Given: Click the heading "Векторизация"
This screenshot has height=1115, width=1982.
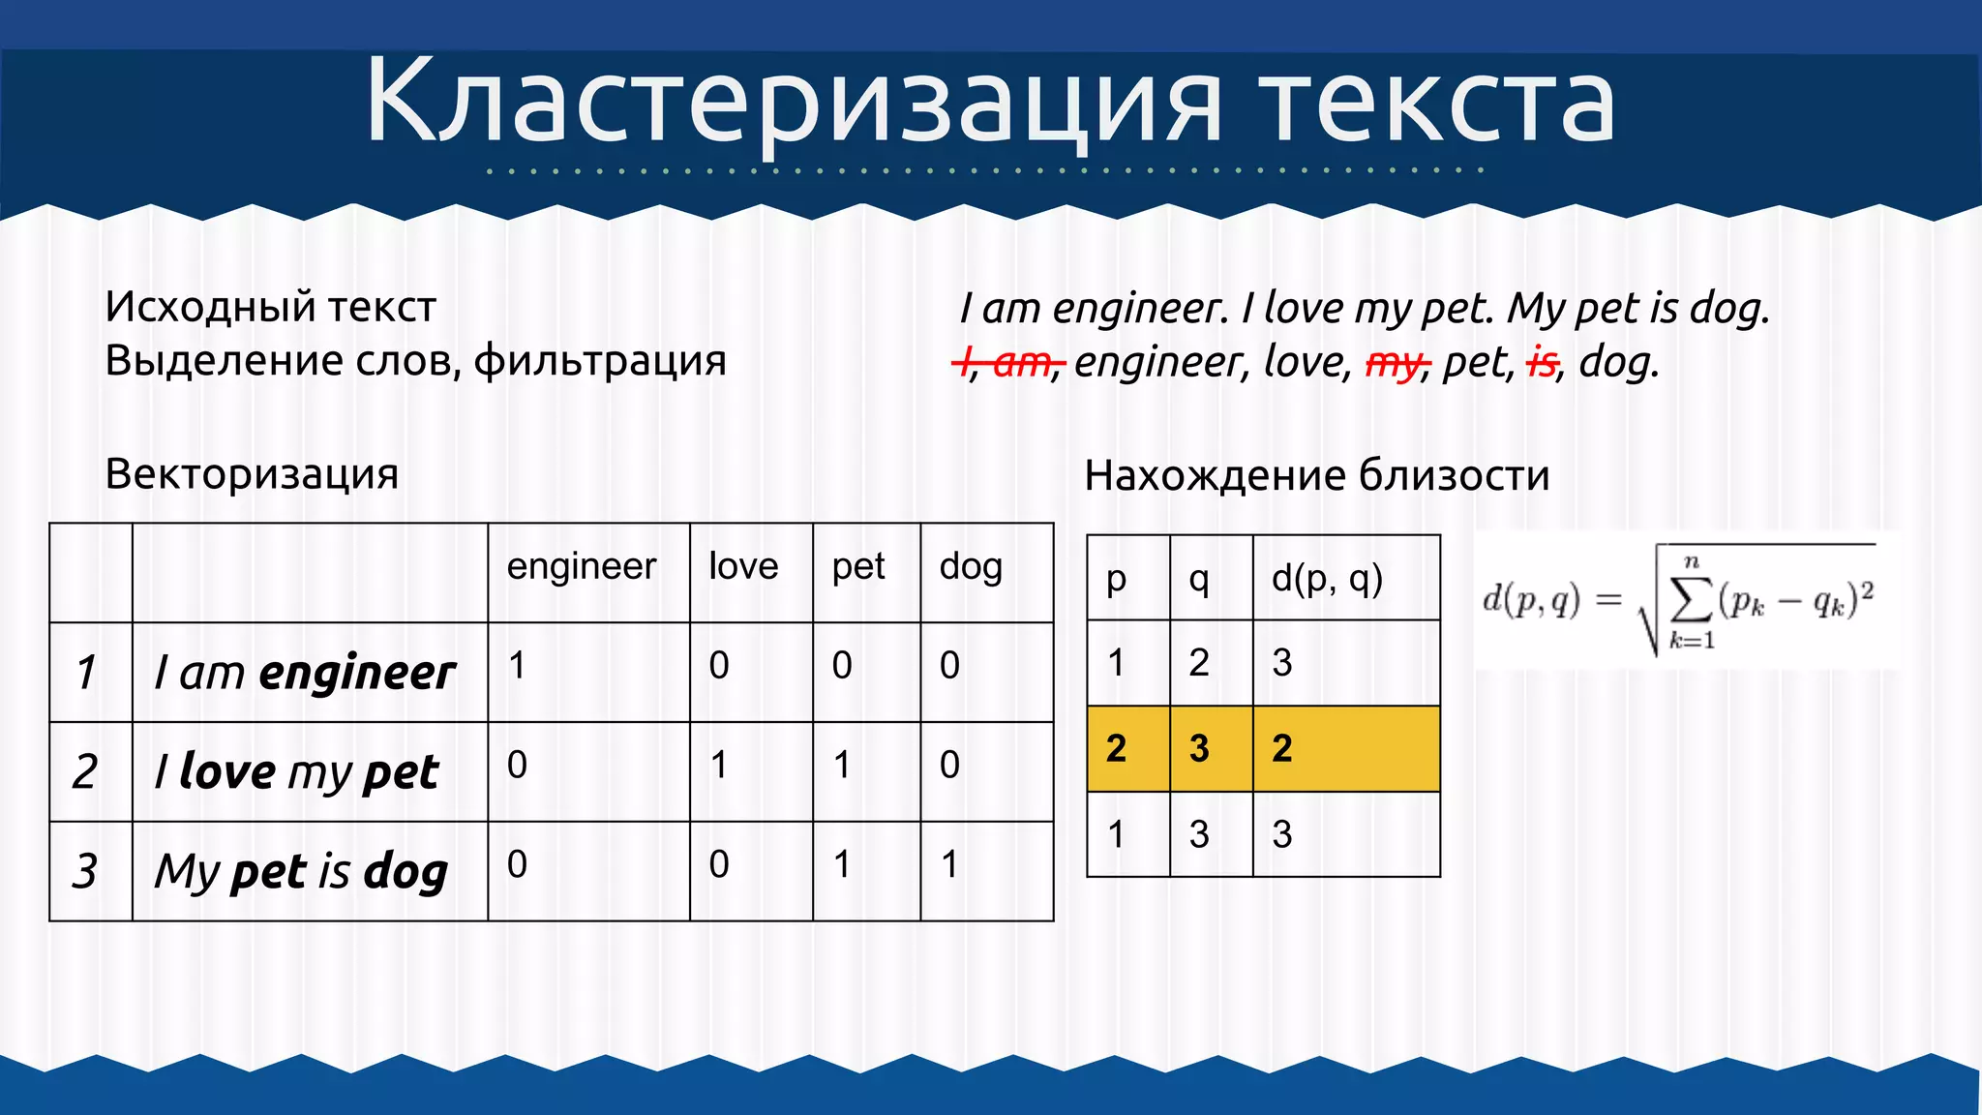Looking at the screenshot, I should [252, 474].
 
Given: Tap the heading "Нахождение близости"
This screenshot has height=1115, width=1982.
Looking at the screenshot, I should [1316, 475].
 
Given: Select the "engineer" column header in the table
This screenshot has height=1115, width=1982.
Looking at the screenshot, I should [581, 566].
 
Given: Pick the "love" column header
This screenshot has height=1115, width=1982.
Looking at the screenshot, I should [743, 566].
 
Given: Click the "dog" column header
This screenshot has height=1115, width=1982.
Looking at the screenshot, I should [971, 567].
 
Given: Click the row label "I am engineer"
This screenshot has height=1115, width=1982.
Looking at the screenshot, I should [305, 673].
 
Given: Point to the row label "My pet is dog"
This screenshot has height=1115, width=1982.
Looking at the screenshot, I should [301, 871].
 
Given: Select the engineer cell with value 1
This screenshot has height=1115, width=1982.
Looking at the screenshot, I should [518, 666].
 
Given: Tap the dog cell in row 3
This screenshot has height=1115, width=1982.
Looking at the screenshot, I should [950, 864].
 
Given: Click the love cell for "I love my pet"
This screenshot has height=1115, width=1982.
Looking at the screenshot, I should [719, 766].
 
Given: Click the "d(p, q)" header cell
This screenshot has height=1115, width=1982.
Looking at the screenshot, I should [1327, 579].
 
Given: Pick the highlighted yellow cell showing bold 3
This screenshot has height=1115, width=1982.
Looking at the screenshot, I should [1199, 748].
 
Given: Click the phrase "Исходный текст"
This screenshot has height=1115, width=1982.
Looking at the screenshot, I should [271, 307].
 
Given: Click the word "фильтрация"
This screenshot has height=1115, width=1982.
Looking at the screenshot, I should [600, 361].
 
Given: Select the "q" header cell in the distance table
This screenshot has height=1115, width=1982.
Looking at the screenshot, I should [1199, 579].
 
